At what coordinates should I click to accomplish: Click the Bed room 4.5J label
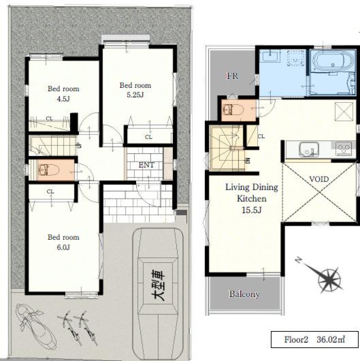63,94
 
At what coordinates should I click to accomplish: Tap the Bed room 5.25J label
135,90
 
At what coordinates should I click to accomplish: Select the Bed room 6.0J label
63,242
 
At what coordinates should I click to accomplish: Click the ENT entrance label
146,165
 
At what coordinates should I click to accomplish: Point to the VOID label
319,179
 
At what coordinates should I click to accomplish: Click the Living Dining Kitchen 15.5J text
252,198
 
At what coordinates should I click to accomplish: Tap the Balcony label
244,294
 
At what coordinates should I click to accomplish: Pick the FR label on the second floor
233,76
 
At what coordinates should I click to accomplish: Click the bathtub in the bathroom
333,62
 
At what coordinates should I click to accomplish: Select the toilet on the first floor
49,170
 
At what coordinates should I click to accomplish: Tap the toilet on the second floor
233,110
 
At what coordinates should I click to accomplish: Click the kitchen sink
309,149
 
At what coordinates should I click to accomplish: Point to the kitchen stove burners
343,149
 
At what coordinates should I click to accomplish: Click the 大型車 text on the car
158,286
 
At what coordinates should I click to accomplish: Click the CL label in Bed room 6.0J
50,192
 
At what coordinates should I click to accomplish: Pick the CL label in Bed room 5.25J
149,137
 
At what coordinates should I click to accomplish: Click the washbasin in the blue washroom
270,56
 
